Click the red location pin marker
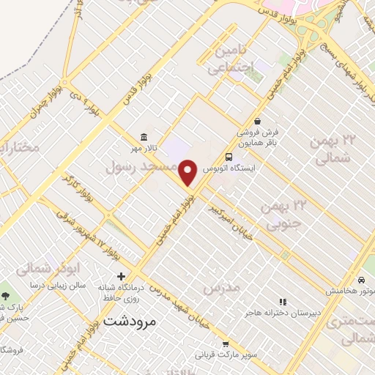click(188, 172)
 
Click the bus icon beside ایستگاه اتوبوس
click(230, 157)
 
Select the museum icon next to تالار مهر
click(142, 138)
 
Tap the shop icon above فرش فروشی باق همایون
click(257, 121)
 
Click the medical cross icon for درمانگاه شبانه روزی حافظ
click(121, 276)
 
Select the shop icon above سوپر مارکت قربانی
click(225, 343)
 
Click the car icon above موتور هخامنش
click(362, 280)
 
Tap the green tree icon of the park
click(6, 296)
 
